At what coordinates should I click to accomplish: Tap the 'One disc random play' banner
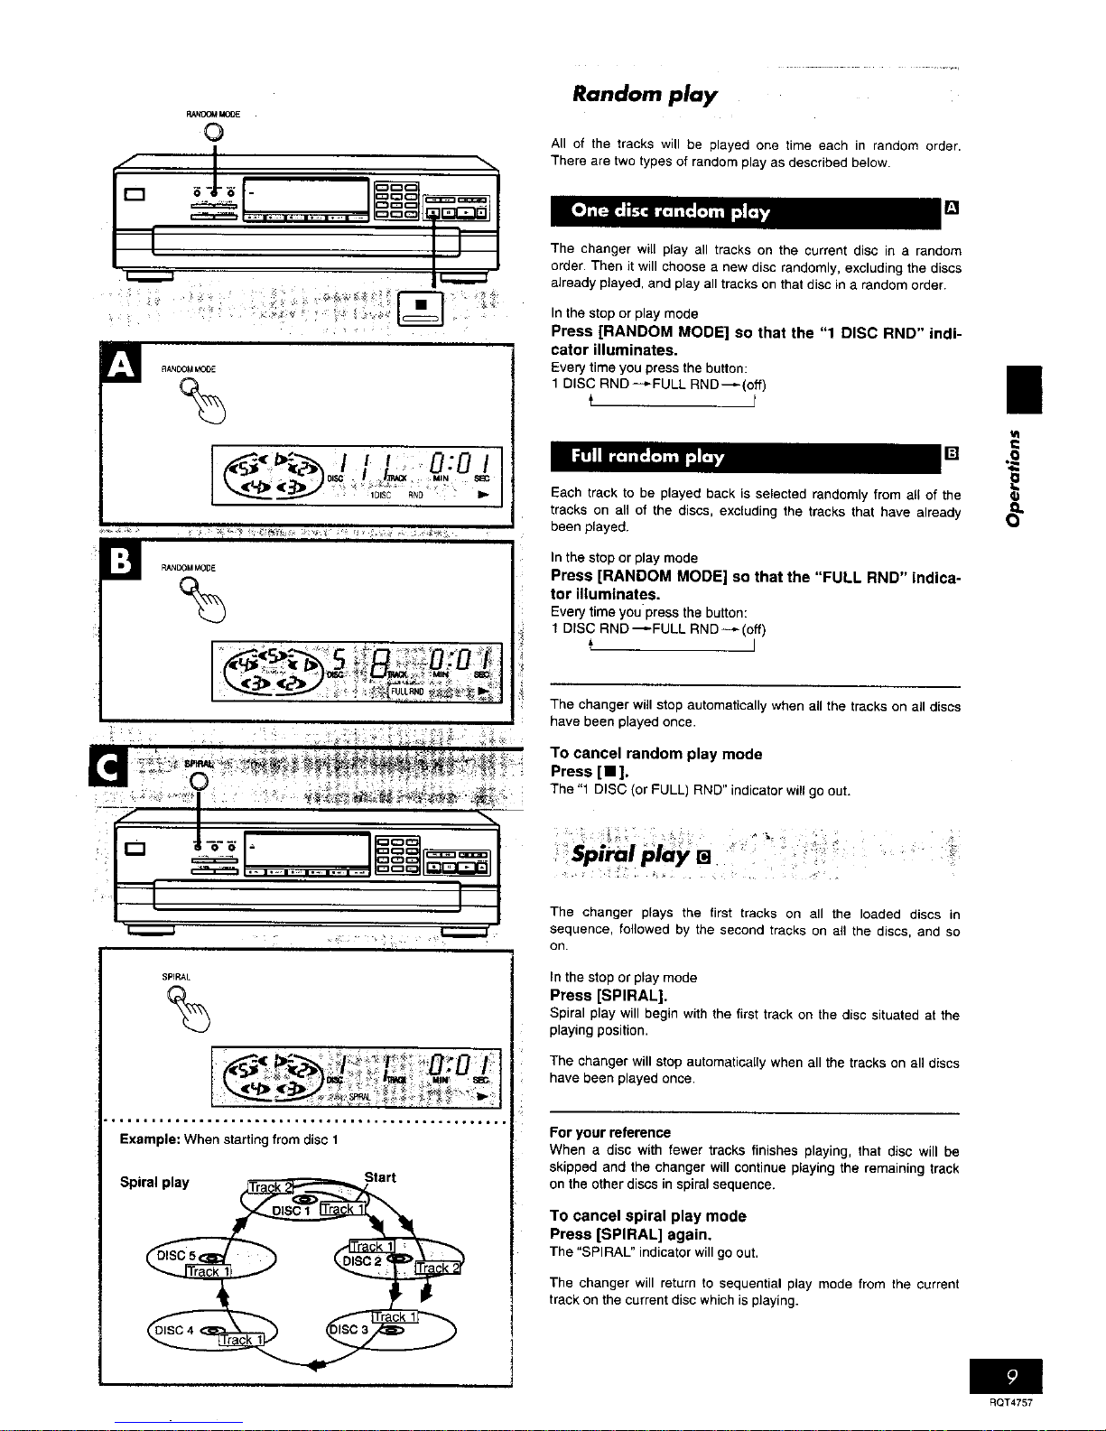click(x=670, y=211)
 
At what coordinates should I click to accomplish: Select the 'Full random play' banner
click(x=647, y=457)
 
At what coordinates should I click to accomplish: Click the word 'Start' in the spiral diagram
click(x=380, y=1177)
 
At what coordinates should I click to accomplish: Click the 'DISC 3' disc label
click(x=349, y=1329)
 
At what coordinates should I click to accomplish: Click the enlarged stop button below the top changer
click(x=420, y=306)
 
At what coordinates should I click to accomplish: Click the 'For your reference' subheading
click(x=609, y=1132)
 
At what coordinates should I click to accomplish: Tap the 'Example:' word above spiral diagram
click(x=149, y=1139)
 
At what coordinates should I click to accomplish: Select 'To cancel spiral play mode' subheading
click(x=647, y=1216)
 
